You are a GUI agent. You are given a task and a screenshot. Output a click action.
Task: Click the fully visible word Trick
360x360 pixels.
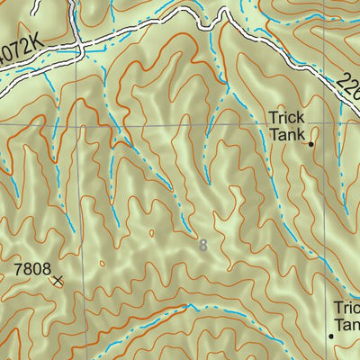pyautogui.click(x=287, y=117)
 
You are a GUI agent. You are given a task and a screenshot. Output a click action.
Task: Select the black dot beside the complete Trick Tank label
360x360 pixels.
pyautogui.click(x=311, y=143)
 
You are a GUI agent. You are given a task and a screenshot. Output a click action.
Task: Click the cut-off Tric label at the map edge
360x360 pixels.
pyautogui.click(x=346, y=308)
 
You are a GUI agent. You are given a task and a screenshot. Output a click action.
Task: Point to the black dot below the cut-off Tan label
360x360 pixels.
pyautogui.click(x=330, y=336)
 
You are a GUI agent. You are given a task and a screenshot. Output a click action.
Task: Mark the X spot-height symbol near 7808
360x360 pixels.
pyautogui.click(x=58, y=281)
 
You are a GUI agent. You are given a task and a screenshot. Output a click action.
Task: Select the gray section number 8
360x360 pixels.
pyautogui.click(x=202, y=245)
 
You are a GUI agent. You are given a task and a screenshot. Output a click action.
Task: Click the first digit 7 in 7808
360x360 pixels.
pyautogui.click(x=17, y=268)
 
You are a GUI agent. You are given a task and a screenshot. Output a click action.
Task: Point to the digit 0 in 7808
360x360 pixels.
pyautogui.click(x=32, y=268)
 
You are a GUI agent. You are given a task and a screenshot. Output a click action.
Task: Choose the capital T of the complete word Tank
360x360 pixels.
pyautogui.click(x=274, y=134)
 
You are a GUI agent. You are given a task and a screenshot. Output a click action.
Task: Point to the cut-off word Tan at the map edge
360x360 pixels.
pyautogui.click(x=347, y=324)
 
